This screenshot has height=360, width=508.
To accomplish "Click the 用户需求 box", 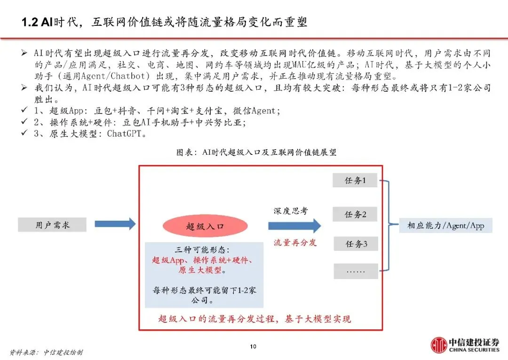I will point(52,225).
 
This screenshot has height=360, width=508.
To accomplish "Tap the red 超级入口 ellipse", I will point(205,226).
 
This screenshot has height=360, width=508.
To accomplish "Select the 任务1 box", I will point(355,180).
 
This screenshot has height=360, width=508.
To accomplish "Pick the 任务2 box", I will point(355,214).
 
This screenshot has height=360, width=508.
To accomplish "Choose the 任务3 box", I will point(355,244).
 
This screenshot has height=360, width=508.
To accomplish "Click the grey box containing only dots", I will point(355,272).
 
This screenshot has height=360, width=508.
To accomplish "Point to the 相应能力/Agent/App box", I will point(445,225).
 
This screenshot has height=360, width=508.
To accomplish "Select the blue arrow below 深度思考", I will point(294,226).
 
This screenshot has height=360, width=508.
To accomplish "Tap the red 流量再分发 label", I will point(295,242).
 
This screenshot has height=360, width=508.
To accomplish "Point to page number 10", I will point(253,347).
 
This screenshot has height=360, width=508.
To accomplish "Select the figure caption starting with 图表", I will point(256,152).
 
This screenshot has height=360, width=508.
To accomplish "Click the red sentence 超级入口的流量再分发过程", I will point(254,319).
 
